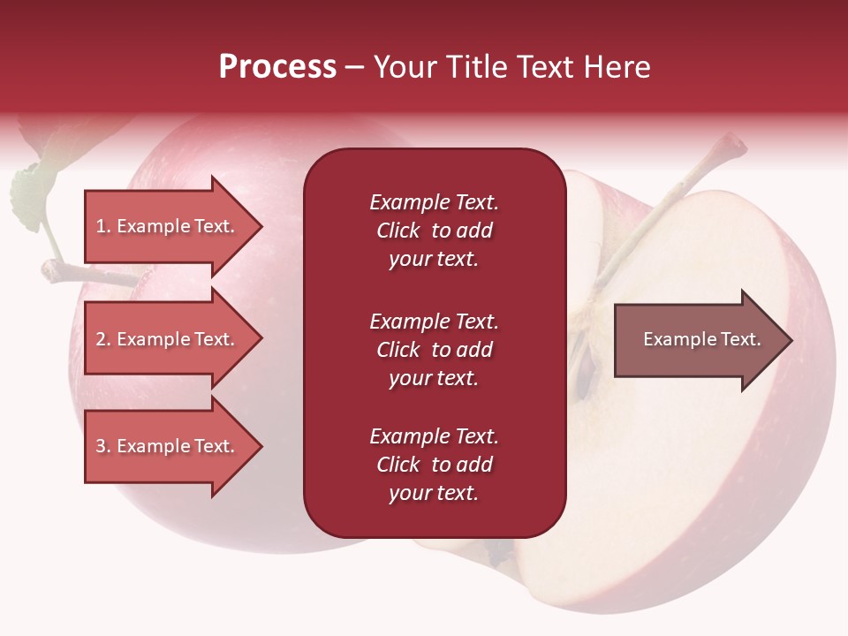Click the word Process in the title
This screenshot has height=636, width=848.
(278, 66)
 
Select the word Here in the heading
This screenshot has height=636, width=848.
(617, 66)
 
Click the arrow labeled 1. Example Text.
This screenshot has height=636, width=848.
(174, 226)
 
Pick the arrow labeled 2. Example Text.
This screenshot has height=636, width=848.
(174, 338)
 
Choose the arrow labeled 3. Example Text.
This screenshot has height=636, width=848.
(174, 446)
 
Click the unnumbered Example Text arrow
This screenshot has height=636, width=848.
(703, 339)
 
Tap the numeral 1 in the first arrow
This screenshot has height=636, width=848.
(100, 226)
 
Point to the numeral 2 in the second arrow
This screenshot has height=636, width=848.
(101, 339)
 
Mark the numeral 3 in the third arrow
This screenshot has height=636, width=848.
(101, 446)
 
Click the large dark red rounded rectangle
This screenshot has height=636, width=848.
(435, 343)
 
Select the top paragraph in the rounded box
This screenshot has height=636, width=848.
(435, 231)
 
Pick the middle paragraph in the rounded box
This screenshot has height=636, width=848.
(435, 350)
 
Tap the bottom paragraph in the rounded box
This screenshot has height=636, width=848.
(435, 464)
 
